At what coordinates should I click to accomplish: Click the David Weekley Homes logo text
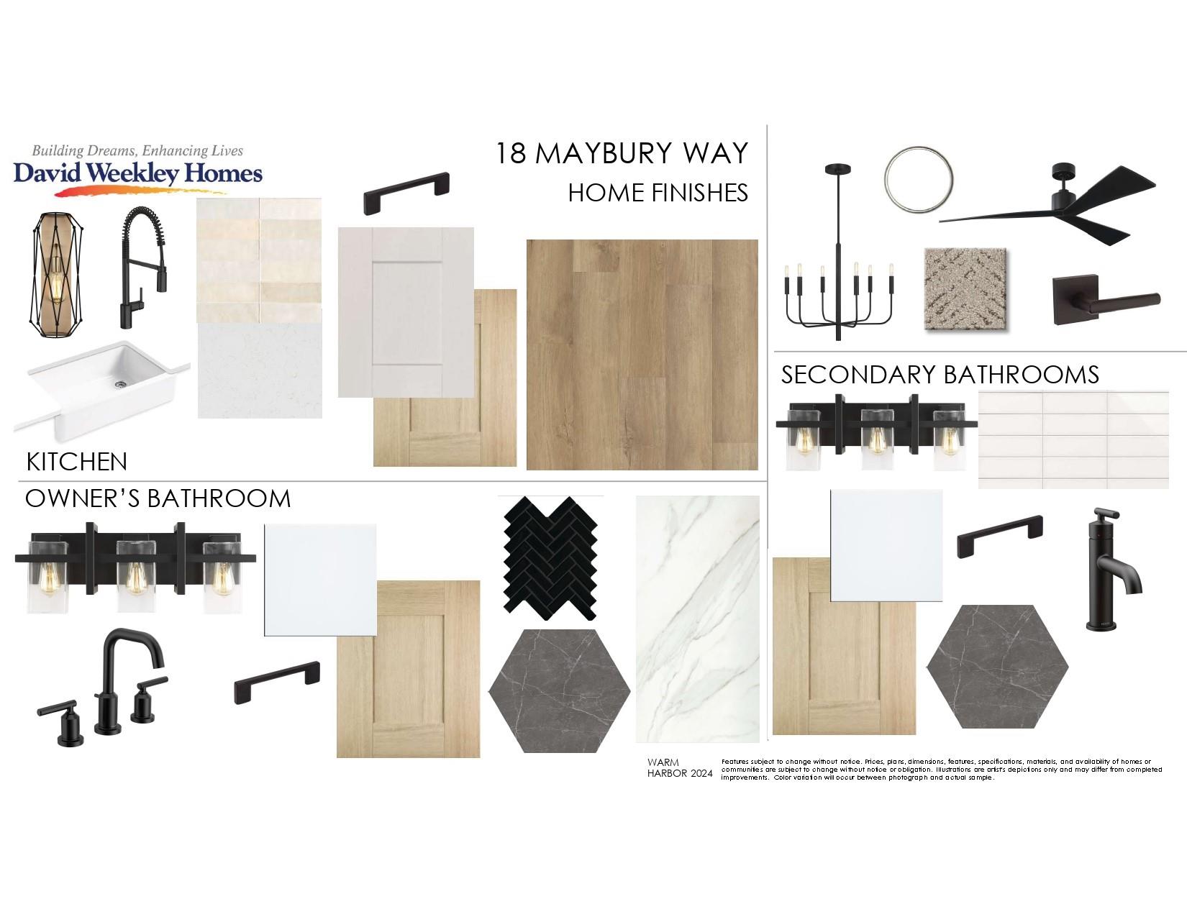pos(137,173)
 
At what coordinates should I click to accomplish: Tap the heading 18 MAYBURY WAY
pos(621,153)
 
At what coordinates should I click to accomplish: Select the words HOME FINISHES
pos(658,193)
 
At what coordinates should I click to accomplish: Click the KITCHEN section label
pos(76,462)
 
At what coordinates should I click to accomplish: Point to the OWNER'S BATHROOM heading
pos(158,498)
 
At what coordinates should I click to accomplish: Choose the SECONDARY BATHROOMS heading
pos(940,375)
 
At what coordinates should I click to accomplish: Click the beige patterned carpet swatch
pos(965,289)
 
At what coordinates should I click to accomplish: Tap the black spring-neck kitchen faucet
pos(143,268)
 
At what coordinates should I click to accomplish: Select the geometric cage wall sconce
pos(55,275)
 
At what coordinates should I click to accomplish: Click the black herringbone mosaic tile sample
pos(550,558)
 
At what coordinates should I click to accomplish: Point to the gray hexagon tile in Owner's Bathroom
pos(560,691)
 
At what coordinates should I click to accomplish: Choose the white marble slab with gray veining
pos(698,619)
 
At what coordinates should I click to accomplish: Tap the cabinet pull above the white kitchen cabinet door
pos(407,193)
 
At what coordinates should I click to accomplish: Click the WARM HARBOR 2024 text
pos(680,767)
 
